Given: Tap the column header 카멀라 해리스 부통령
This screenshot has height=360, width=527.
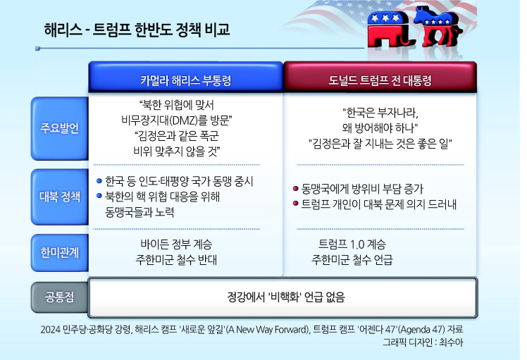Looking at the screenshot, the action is coord(186,80).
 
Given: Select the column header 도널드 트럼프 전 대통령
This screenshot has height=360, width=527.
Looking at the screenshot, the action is coord(380,80).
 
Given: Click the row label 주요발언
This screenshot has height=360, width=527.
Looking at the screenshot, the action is coord(59,128).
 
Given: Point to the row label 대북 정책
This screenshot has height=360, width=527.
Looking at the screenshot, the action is coord(59,197).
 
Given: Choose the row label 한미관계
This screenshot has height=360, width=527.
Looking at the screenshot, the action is coord(59,252).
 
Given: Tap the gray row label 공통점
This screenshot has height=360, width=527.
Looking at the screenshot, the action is coord(59,297).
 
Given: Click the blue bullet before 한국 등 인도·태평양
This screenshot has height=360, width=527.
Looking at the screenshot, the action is coord(99,181).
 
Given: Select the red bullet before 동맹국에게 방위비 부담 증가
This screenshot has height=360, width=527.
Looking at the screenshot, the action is coord(296,189).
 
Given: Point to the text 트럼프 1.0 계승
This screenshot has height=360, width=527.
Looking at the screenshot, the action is coord(352,244).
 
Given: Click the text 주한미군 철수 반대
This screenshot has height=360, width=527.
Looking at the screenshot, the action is coord(176,259).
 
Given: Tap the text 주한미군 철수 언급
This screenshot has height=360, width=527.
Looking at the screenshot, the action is coord(352,259).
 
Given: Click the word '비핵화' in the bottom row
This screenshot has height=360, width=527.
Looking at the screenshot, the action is coord(285,297).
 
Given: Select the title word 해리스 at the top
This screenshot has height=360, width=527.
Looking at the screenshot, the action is coord(63,30).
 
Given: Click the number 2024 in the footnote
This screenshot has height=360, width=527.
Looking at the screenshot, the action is coord(51,330).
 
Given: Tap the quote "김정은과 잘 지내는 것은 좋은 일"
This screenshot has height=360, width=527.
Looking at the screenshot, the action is coord(380,144).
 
